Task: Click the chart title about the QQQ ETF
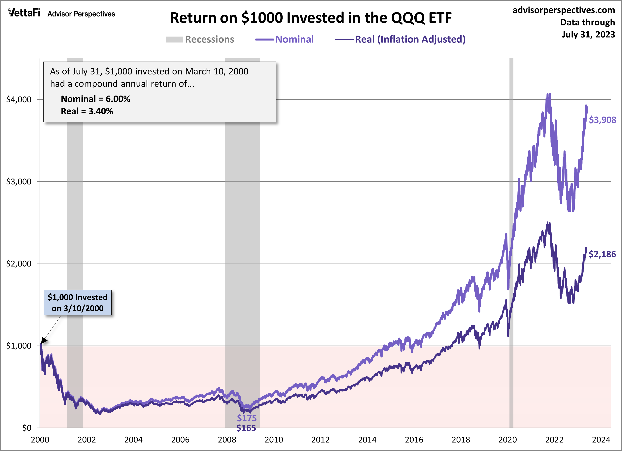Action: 311,18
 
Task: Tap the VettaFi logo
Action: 24,13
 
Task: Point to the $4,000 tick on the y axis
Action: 19,99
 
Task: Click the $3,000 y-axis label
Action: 19,181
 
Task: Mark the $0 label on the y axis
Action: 27,428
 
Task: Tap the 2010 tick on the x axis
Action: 274,440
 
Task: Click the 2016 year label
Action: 414,440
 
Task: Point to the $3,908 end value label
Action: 602,120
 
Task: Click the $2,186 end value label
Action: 602,254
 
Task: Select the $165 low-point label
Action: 246,428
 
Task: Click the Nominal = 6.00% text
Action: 95,99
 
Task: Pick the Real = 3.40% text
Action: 87,111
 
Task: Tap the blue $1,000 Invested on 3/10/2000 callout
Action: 78,303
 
